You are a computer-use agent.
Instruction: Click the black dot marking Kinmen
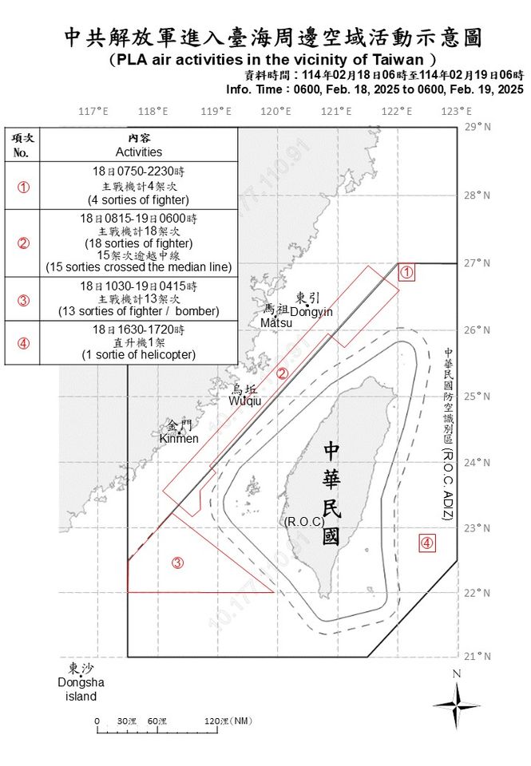coord(179,432)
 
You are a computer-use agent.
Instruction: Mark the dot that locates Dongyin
coord(307,306)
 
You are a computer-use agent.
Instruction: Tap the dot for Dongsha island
coord(81,676)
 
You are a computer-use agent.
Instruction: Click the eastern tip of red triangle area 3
coord(274,592)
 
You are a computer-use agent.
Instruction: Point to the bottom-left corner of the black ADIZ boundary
coord(128,657)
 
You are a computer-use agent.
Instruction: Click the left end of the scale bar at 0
coord(97,730)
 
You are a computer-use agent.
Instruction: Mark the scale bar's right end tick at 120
coord(217,730)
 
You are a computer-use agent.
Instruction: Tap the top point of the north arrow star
coord(457,682)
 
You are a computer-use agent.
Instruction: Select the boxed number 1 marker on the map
coord(406,272)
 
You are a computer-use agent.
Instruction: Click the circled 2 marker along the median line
coord(282,373)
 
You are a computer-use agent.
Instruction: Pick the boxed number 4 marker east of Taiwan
coord(427,543)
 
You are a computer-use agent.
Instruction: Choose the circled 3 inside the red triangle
coord(177,563)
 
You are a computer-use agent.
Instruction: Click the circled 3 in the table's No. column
coord(23,300)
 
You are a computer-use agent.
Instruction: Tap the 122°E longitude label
coord(397,112)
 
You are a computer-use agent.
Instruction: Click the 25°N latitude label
coord(478,396)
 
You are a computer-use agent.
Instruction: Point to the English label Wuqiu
coord(245,401)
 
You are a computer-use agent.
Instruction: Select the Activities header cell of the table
coord(139,145)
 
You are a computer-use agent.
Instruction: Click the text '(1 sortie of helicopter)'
coord(139,354)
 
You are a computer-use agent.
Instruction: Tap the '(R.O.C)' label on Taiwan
coord(304,522)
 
